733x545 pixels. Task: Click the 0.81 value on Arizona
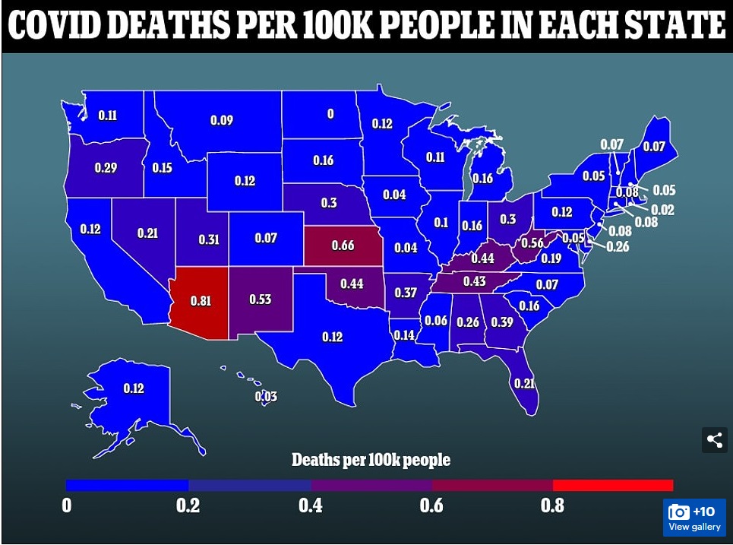201,300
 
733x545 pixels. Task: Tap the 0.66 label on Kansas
343,245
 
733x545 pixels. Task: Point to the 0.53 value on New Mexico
261,299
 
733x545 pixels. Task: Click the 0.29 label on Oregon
106,167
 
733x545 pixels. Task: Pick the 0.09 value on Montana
222,120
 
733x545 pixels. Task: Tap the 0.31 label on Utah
209,239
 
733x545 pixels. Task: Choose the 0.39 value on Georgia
501,322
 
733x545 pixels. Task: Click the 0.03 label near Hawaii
266,397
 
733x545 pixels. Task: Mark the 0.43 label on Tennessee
475,281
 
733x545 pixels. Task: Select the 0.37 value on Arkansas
406,293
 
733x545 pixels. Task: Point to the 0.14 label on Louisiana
404,334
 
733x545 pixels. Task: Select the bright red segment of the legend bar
613,485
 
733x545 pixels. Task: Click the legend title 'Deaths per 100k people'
371,460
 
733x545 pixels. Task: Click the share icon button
714,439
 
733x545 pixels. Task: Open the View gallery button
694,518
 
